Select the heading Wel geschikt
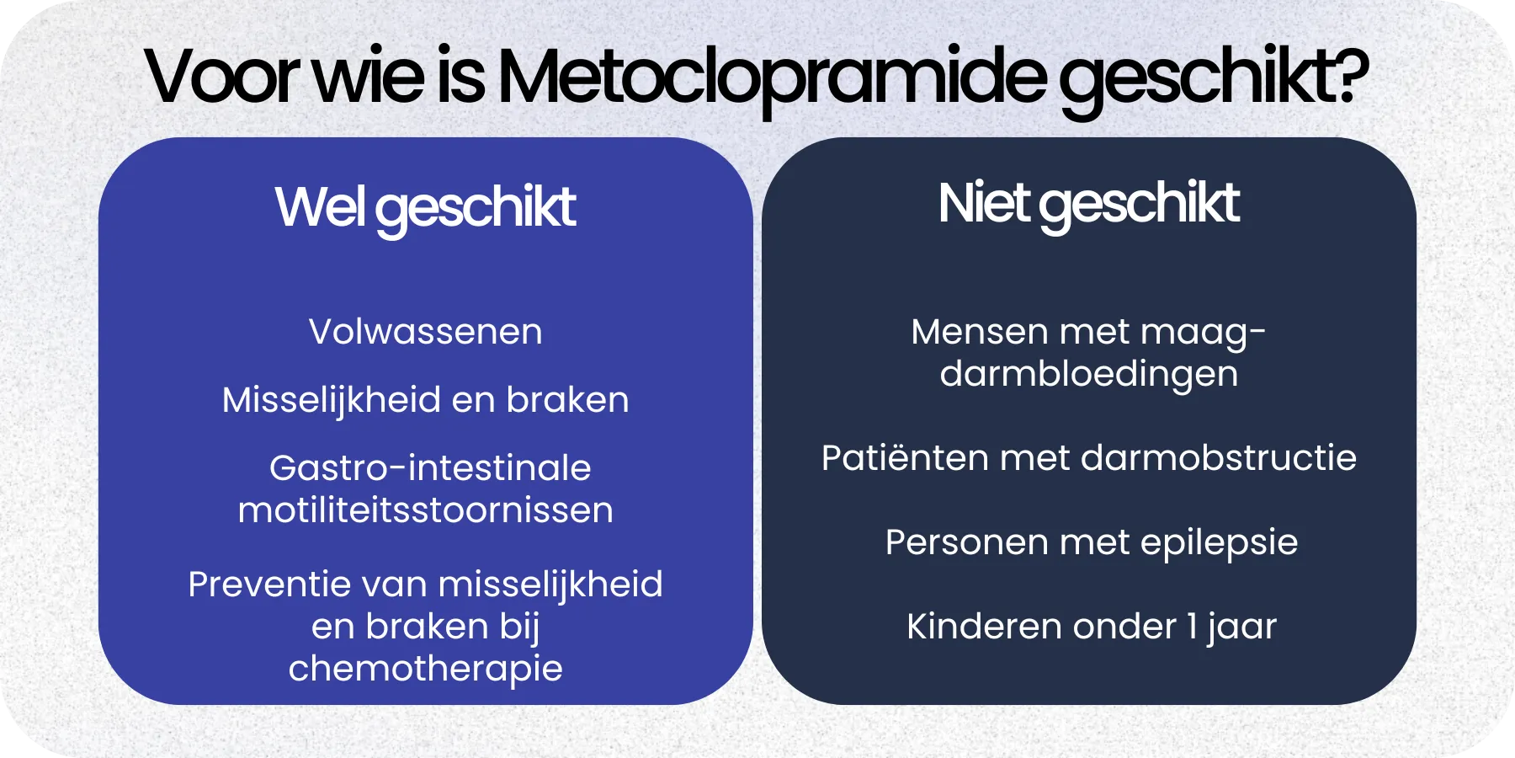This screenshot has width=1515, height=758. [425, 208]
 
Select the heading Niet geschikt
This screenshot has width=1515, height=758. [1088, 205]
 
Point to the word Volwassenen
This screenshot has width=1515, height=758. [425, 332]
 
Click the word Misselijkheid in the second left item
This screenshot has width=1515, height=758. [331, 400]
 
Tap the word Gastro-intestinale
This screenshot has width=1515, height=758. [430, 468]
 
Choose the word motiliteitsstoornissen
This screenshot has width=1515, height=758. [425, 510]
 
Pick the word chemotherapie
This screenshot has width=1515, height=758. [425, 669]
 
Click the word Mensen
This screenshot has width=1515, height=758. [979, 332]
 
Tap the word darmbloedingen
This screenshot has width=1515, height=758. [1088, 374]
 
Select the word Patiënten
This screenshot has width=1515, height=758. [904, 458]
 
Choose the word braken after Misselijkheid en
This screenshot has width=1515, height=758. [567, 400]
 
